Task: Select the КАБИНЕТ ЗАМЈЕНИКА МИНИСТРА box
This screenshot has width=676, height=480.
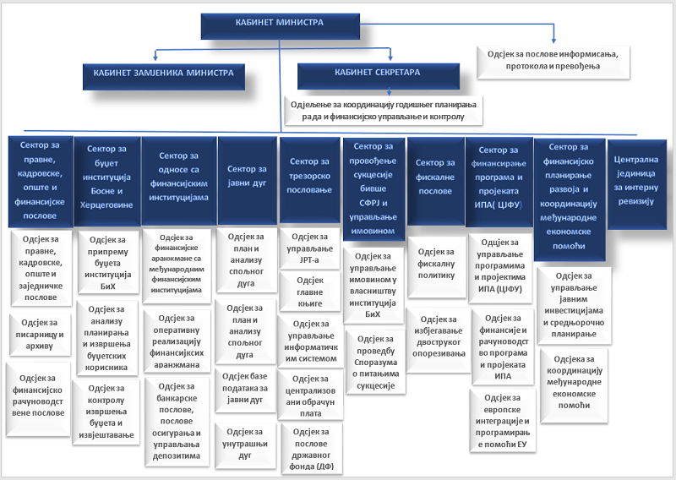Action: [x=164, y=74]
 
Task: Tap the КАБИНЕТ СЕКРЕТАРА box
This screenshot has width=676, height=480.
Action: [x=377, y=74]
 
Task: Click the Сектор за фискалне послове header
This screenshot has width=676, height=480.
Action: [x=435, y=175]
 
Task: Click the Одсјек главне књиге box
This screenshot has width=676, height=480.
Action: [x=310, y=286]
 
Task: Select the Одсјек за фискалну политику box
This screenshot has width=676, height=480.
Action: [x=435, y=258]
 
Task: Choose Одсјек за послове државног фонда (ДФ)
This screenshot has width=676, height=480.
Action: [x=310, y=448]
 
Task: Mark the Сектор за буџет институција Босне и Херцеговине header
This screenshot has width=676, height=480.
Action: [x=106, y=176]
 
